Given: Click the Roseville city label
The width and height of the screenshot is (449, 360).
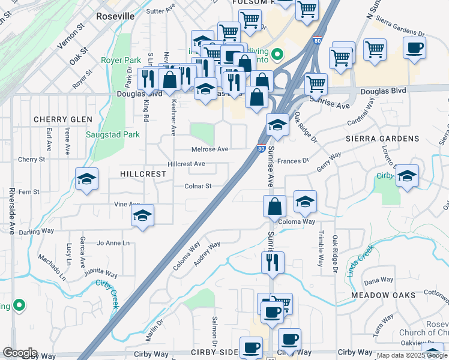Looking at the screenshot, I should [115, 16].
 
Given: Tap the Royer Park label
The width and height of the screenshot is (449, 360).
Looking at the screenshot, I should [121, 60].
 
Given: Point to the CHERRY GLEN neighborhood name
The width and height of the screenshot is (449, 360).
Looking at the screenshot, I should [63, 119].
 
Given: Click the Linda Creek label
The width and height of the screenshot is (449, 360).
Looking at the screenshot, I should [360, 259].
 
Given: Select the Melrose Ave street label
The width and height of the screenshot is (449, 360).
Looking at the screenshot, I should [209, 149].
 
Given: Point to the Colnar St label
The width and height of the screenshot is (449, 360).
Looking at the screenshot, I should [198, 186].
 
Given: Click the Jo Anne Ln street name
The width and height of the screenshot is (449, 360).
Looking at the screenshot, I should [113, 243].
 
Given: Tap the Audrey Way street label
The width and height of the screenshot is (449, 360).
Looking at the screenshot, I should [208, 254].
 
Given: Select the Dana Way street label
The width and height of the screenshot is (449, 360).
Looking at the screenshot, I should [378, 280].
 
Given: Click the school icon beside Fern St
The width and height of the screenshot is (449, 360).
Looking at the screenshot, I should [86, 179].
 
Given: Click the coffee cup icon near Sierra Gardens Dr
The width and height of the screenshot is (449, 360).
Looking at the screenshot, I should [414, 47].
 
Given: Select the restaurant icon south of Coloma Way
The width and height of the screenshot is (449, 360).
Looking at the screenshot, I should [273, 262].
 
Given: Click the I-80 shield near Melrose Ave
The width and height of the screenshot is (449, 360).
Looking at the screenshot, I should [261, 148].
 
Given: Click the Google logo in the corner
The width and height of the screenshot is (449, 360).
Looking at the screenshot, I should [20, 353].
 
